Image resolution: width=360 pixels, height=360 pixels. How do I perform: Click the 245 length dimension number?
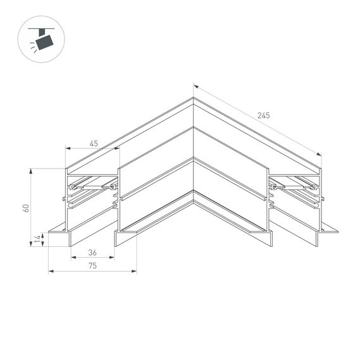pos(263,116)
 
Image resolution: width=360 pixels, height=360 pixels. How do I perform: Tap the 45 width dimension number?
pos(93,144)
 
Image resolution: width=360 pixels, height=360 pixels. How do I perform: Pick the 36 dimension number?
pos(92,253)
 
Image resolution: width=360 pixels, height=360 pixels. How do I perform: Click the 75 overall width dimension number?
pos(92,267)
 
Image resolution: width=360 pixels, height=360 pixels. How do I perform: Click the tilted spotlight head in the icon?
pos(44,42)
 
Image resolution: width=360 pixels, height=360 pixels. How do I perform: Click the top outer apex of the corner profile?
pos(193,98)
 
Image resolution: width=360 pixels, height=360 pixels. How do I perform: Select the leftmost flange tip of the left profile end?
pos(48,231)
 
